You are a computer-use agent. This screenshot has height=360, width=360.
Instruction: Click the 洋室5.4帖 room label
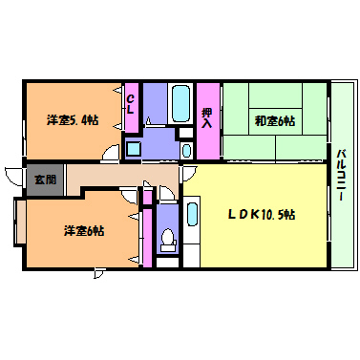[73, 120]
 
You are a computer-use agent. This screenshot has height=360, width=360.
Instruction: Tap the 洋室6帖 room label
[84, 230]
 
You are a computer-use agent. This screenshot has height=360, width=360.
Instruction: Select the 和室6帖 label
[275, 121]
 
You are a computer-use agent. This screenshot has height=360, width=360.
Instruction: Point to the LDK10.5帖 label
[262, 214]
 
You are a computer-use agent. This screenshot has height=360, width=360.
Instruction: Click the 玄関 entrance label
[45, 180]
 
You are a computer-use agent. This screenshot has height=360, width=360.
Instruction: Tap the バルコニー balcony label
[342, 175]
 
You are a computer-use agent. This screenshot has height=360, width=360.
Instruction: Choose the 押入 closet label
[207, 118]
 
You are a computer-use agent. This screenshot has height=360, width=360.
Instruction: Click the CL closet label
[130, 105]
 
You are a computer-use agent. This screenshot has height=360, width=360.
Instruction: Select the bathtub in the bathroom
[180, 102]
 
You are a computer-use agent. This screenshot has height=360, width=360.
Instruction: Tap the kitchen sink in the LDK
[192, 214]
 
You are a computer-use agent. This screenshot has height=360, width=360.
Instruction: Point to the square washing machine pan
[134, 149]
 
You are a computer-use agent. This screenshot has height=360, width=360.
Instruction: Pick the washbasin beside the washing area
[187, 150]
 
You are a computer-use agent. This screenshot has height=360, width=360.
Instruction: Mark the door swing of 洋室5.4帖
[110, 154]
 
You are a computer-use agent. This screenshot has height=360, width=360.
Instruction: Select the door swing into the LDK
[187, 174]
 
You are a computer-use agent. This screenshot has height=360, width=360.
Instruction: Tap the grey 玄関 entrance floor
[45, 180]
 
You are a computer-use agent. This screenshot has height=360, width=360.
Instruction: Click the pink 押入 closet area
[208, 121]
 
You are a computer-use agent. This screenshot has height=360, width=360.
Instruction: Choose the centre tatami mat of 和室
[276, 121]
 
